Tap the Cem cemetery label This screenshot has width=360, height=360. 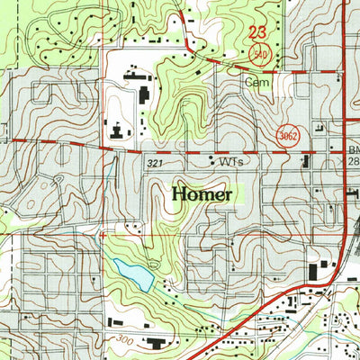[x=256, y=82]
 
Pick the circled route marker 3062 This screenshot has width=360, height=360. [x=287, y=133]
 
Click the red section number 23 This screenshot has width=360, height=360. [x=256, y=33]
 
